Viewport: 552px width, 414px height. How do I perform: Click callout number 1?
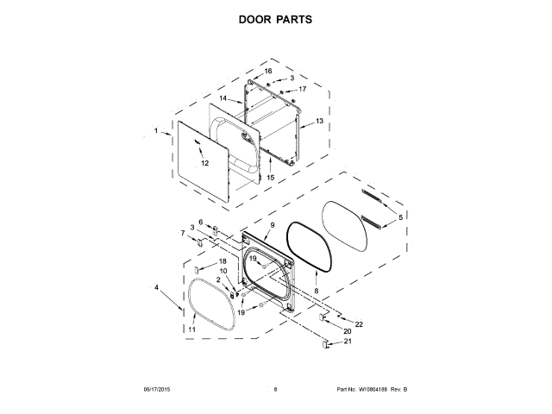[156, 131]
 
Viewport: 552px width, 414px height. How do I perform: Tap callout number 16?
[268, 71]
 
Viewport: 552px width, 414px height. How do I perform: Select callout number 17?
[303, 89]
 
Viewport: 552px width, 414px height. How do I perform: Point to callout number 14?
[223, 99]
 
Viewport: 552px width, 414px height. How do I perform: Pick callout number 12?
[205, 162]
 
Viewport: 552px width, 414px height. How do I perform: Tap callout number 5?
[399, 216]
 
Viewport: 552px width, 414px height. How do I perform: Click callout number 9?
[271, 225]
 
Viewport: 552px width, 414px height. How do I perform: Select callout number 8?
[316, 292]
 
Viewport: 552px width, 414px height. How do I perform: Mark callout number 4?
[157, 287]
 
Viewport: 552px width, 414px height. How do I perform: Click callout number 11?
[192, 329]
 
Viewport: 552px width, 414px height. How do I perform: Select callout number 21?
[348, 342]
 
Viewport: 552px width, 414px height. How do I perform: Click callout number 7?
[182, 233]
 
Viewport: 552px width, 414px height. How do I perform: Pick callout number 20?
[347, 331]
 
